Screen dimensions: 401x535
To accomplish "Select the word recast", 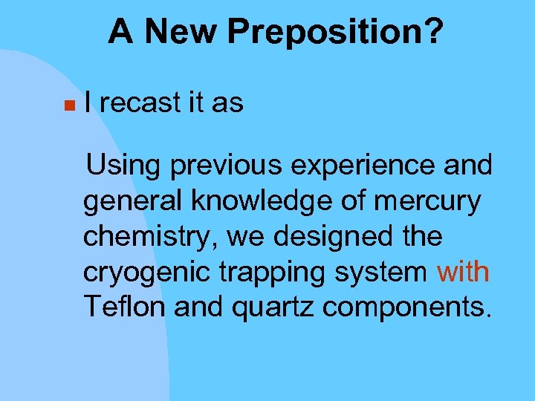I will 140,103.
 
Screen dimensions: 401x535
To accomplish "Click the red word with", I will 463,273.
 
